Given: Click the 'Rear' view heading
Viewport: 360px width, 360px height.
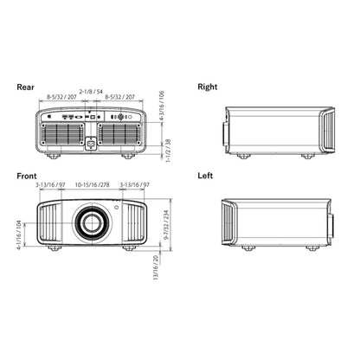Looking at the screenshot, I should click(26, 87).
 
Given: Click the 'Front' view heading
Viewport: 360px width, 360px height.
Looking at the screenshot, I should click(27, 175).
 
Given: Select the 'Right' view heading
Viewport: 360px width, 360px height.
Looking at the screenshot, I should click(208, 87).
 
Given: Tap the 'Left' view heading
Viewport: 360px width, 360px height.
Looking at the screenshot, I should click(205, 175).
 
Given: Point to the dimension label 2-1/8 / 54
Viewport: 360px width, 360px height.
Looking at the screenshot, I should click(92, 90).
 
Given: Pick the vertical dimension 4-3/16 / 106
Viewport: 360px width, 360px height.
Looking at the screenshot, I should click(161, 106).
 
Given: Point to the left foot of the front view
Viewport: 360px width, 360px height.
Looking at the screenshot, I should click(55, 247).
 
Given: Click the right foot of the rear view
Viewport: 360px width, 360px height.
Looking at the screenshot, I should click(127, 156).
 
